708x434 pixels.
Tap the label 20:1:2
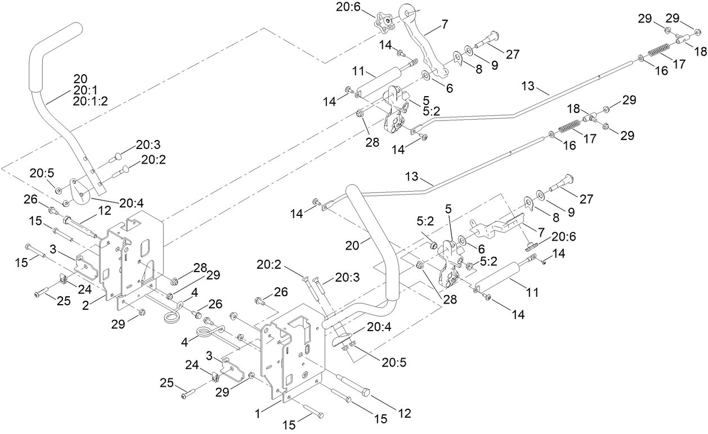click(x=90, y=101)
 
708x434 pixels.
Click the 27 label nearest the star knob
click(x=513, y=54)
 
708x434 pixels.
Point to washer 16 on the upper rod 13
click(x=641, y=57)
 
